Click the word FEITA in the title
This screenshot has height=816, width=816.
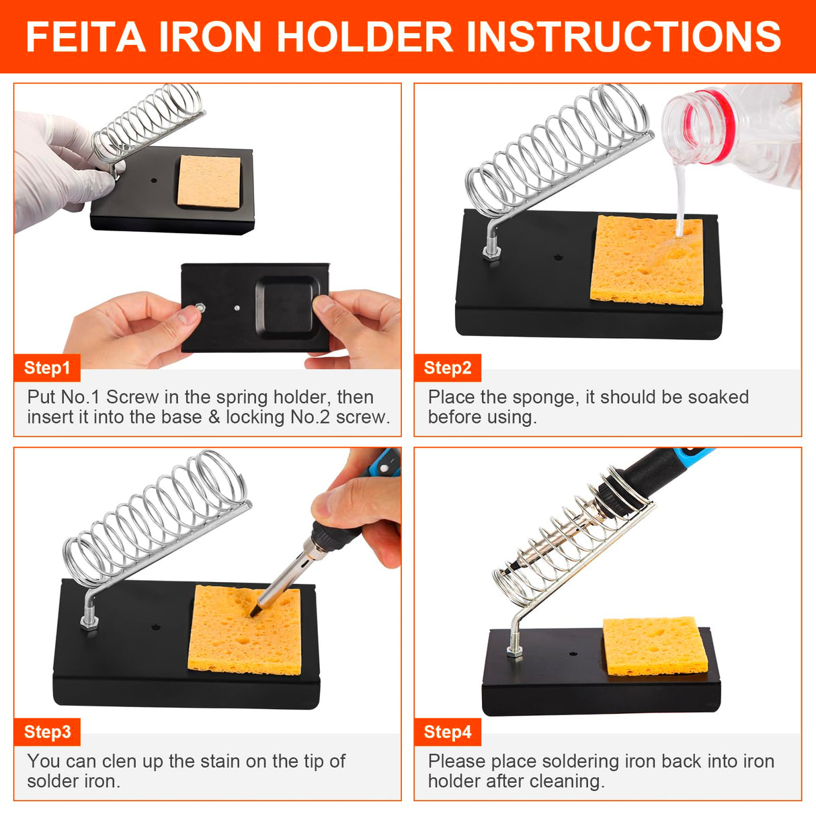click(x=85, y=36)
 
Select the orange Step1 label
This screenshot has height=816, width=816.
click(x=47, y=368)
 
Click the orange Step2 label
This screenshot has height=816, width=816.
click(x=448, y=368)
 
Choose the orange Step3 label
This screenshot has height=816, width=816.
click(x=47, y=732)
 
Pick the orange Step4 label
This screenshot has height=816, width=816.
click(x=448, y=732)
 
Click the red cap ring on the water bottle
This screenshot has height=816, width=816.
click(x=706, y=128)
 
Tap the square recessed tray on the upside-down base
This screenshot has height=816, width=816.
click(x=287, y=306)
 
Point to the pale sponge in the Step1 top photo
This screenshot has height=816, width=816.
click(x=208, y=181)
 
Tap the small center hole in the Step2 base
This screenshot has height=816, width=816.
click(x=557, y=257)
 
